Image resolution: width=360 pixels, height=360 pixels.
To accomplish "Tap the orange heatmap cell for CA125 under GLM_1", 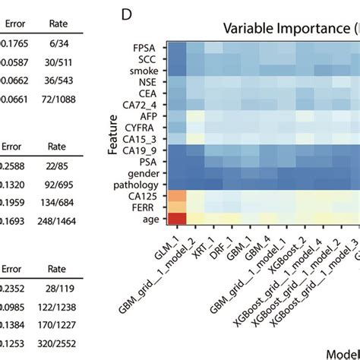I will (177, 196).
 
